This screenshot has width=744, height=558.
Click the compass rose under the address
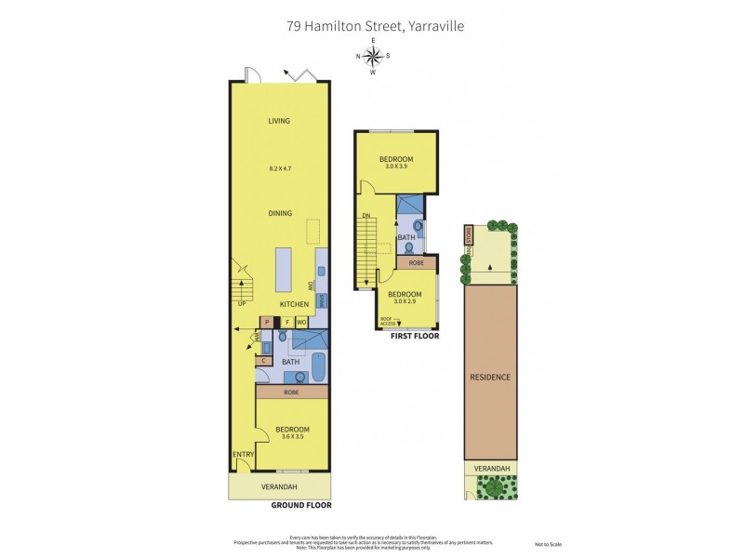[373, 56]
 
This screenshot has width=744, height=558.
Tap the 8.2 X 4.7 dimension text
[279, 168]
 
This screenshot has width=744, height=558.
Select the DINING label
[280, 213]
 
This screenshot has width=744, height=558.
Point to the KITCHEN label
[293, 304]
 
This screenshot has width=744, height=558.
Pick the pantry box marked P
[267, 323]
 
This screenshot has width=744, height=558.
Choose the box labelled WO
[301, 323]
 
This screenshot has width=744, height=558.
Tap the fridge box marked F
[286, 323]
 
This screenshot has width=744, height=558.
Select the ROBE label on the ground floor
[292, 392]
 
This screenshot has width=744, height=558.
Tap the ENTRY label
[243, 454]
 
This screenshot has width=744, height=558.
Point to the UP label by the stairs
[243, 303]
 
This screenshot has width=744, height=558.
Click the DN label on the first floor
[367, 217]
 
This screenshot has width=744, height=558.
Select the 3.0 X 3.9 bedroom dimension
[395, 167]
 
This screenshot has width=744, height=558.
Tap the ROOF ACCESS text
[387, 321]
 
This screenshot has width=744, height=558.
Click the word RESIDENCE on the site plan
[491, 378]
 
